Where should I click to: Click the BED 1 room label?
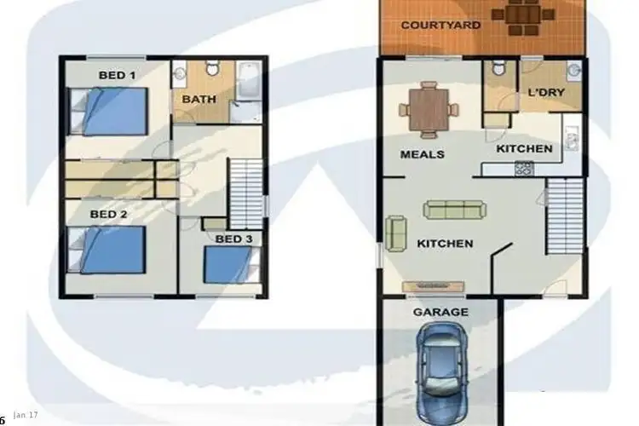coord(117,75)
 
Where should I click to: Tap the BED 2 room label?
coord(108,214)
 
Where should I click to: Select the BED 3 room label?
coord(233,239)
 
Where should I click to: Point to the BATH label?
coord(199,99)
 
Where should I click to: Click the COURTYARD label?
coord(440,25)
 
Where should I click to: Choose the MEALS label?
coord(423,154)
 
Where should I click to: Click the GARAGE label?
coord(440,312)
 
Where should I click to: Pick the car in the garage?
coord(441,364)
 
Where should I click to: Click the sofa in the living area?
coord(456,210)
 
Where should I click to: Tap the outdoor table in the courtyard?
coord(519,17)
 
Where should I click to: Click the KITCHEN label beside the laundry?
coord(525,148)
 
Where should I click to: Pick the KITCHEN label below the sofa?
coord(445,243)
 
